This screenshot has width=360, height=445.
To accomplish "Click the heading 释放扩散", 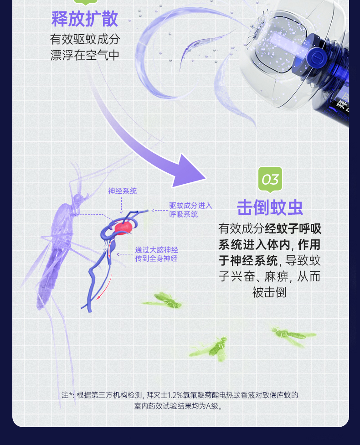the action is [x=85, y=19].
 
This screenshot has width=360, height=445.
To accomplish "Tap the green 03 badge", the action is [x=270, y=179].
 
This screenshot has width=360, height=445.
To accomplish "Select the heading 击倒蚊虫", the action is [x=270, y=207].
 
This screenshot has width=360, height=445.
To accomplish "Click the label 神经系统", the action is [x=122, y=191].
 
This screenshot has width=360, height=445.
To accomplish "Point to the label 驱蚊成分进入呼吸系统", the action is [x=190, y=210].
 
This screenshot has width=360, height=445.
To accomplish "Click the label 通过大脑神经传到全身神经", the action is [x=156, y=254].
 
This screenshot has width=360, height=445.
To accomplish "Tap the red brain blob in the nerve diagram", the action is [x=123, y=228].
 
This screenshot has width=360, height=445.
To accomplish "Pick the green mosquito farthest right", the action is [x=292, y=336].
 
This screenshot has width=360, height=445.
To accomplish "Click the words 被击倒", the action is [x=269, y=292].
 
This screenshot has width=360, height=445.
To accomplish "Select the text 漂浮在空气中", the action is [x=85, y=55].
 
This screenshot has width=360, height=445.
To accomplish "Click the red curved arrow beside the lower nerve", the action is [x=104, y=287].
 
